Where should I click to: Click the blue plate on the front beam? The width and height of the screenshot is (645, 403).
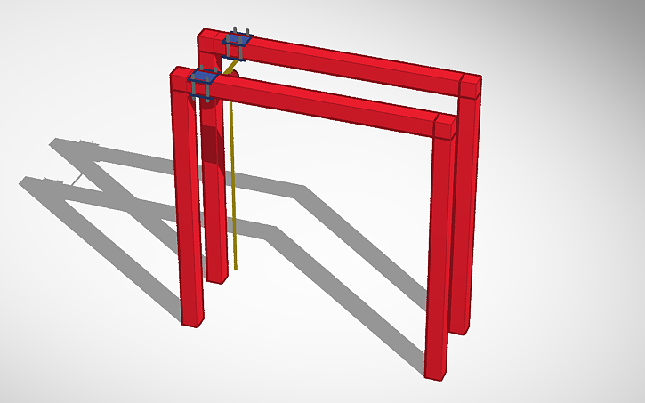(204, 82)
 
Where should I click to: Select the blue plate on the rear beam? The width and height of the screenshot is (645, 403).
(238, 42)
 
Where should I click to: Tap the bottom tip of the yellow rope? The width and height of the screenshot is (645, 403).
(236, 266)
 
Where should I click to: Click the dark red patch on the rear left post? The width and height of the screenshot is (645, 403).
(213, 146)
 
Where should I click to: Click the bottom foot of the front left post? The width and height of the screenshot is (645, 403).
(192, 318)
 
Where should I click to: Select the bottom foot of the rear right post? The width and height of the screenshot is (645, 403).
(461, 326)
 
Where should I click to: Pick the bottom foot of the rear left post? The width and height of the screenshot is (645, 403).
(217, 276)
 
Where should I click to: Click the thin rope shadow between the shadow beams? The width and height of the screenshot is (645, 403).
(78, 179)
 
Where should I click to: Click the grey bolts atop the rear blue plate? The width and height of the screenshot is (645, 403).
(237, 31)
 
